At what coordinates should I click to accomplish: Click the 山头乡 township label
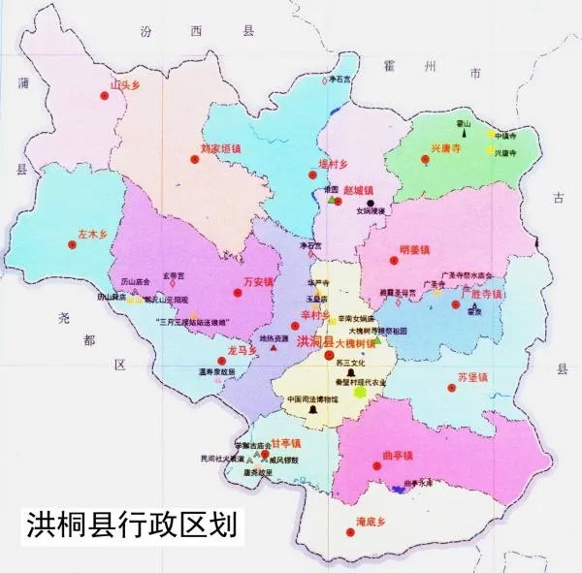125,84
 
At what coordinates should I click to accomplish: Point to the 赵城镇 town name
358,190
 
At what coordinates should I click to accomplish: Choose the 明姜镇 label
414,250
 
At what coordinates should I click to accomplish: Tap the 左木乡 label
91,234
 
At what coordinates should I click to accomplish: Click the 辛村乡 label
315,315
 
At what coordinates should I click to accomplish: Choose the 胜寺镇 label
484,293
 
